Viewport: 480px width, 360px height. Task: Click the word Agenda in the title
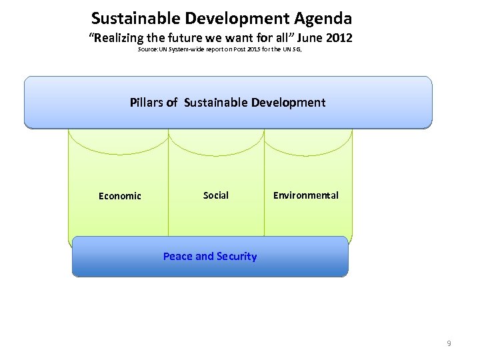318,18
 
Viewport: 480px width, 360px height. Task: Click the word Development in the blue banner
288,102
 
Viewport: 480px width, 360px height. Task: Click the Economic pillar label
120,196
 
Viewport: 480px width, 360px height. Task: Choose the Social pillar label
215,195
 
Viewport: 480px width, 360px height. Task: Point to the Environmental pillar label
305,195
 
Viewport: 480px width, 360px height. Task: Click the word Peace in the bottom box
178,257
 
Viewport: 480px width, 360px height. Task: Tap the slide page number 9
449,343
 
